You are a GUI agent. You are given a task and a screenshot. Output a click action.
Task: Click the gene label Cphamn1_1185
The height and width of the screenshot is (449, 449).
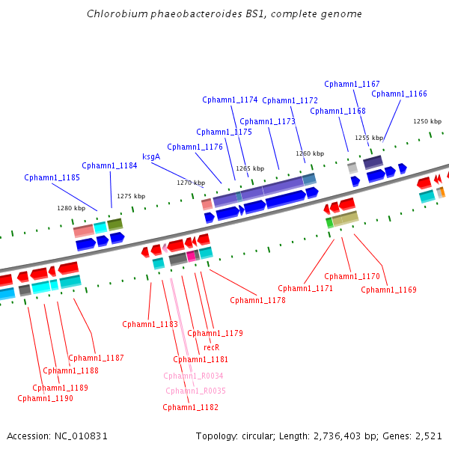coord(52,178)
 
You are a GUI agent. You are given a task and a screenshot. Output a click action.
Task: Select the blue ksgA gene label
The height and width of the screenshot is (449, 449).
coord(151,157)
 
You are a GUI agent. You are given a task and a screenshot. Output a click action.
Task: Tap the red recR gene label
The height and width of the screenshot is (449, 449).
coord(211,347)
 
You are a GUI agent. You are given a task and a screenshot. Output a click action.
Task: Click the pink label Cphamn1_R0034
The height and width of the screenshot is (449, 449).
coord(193,376)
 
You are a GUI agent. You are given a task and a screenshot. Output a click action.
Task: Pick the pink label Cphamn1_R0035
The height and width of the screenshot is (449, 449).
coord(195,391)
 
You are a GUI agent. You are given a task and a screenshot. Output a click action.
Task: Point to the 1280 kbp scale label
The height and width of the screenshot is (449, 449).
coord(71,209)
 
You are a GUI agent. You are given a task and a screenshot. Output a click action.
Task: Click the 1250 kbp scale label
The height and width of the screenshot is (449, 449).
coord(427,121)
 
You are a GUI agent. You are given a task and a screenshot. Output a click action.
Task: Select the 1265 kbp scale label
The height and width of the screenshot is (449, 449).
coord(250,169)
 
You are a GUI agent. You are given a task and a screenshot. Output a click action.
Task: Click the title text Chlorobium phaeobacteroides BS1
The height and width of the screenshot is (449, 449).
coord(224,14)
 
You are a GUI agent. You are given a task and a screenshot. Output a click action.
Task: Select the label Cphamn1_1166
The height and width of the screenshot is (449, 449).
coord(399,94)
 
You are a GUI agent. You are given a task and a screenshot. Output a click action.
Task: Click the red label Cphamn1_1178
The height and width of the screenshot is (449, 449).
coord(257,300)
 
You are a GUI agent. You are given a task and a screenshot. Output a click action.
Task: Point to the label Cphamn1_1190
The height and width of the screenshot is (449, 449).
coord(45,398)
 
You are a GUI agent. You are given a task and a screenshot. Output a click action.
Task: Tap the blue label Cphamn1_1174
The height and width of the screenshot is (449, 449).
coord(230,100)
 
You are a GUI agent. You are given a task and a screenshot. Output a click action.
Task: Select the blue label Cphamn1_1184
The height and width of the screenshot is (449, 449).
coord(109,166)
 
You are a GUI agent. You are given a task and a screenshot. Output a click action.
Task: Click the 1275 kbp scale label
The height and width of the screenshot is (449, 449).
coord(130,196)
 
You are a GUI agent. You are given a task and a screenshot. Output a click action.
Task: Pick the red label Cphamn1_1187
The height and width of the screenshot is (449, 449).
coord(96,358)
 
